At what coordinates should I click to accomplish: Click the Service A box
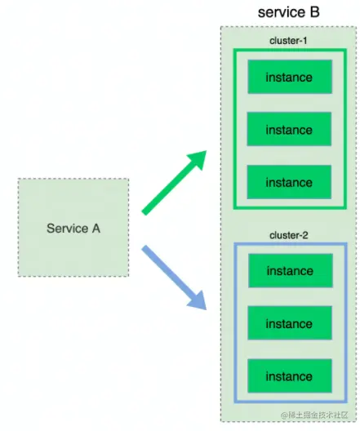[73, 228]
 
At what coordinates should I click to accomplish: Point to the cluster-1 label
[289, 40]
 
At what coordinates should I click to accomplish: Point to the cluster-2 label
[289, 235]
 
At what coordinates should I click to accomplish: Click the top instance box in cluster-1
[289, 78]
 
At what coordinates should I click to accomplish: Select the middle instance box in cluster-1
[289, 130]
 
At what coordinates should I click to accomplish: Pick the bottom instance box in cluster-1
[289, 182]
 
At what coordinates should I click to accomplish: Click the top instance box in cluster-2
[289, 271]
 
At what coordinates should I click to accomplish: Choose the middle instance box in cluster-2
[289, 324]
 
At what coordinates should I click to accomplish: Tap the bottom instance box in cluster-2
[289, 376]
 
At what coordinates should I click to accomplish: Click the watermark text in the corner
[318, 416]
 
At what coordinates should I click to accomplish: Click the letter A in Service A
[96, 229]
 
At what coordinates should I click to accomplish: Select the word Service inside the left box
[67, 229]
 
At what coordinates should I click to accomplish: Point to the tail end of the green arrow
[145, 211]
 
